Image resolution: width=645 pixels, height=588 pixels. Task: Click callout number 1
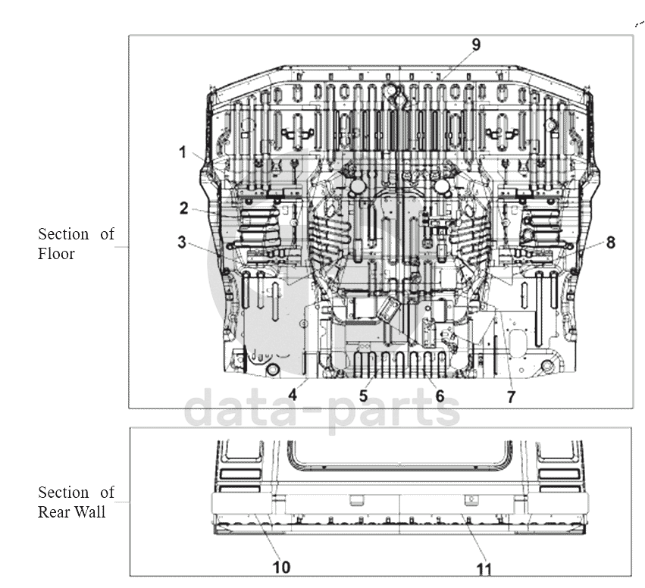[183, 152]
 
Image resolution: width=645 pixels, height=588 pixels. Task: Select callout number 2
[184, 208]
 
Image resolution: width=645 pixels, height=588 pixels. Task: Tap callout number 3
[182, 242]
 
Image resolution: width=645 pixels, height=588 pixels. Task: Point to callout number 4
[293, 395]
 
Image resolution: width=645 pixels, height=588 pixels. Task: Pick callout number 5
[363, 396]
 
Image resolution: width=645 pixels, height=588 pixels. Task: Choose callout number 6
[440, 396]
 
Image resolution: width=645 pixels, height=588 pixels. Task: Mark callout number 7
[511, 397]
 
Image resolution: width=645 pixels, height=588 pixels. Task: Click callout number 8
[611, 242]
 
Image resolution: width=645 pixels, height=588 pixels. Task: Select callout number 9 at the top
[476, 45]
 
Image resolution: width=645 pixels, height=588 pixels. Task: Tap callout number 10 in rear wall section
[282, 568]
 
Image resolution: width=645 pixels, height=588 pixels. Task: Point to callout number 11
[484, 570]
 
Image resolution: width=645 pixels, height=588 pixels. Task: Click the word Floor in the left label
[56, 254]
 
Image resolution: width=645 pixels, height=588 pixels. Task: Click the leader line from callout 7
[503, 349]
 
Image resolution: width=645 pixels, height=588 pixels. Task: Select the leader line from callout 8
[584, 250]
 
